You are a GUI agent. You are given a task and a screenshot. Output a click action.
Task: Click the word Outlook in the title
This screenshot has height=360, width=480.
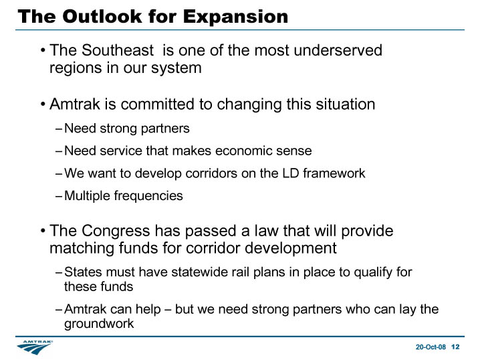[102, 16]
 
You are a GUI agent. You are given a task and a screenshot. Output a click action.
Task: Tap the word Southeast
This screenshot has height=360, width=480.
[118, 50]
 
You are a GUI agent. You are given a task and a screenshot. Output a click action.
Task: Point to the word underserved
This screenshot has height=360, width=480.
[338, 50]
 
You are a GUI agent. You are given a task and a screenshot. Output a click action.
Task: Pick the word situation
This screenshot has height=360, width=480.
[346, 104]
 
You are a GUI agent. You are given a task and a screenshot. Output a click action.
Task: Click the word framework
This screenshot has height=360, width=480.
[334, 173]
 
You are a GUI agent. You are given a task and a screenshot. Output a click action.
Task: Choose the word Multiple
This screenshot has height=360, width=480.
[88, 196]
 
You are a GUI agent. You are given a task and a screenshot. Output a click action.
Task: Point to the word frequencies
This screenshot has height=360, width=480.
[148, 196]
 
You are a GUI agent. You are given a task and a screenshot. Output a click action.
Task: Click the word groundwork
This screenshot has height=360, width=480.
[99, 324]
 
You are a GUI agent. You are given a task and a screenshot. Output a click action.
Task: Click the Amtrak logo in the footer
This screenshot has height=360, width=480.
[35, 347]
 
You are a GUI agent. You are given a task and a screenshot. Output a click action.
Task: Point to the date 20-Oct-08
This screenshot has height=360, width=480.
[431, 347]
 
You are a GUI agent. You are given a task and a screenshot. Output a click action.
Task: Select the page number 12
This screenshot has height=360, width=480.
[455, 347]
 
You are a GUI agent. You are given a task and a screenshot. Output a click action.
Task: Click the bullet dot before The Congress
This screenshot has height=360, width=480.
[43, 231]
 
